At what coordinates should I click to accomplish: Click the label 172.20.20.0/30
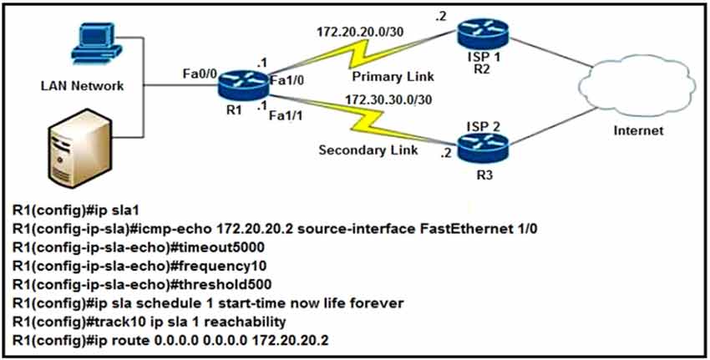point(355,33)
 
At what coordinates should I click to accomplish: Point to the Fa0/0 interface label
point(200,74)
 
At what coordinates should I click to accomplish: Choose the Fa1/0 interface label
point(287,81)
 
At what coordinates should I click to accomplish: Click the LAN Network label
point(83,85)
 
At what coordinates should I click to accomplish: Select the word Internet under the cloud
point(638,130)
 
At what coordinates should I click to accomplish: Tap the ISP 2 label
point(484,126)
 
